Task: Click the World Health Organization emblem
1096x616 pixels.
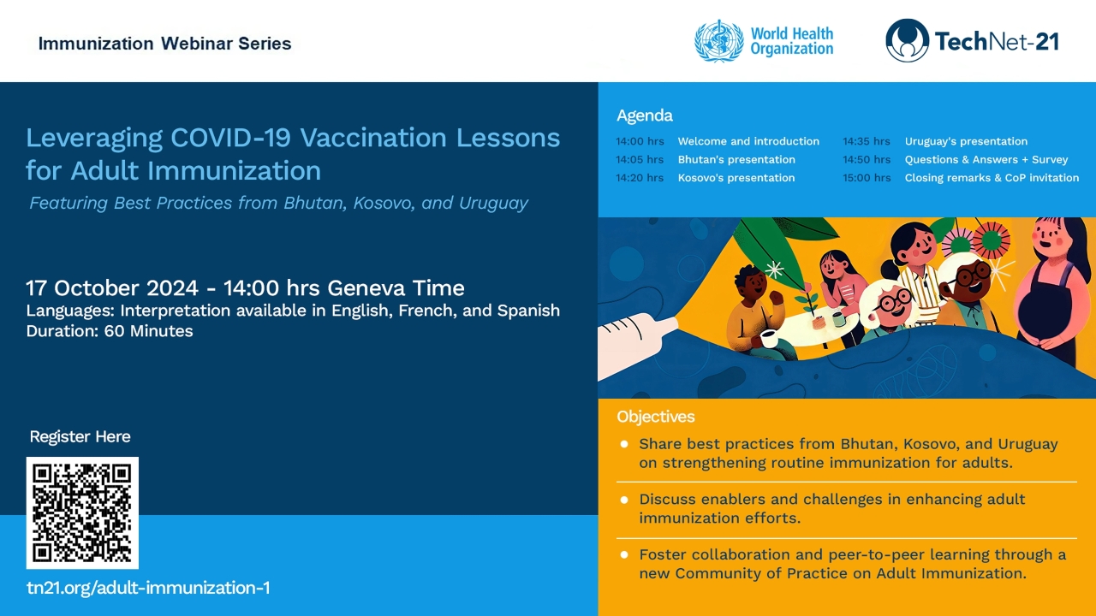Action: pos(718,41)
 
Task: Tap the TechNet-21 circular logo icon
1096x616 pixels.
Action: pos(907,41)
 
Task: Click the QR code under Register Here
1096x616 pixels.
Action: pos(82,512)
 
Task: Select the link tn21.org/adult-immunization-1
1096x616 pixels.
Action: pos(148,588)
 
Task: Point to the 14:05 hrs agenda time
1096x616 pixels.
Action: pos(640,160)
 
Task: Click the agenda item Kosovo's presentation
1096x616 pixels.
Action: pos(736,178)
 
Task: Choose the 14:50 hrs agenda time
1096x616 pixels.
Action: pos(867,160)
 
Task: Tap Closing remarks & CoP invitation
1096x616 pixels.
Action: pos(992,178)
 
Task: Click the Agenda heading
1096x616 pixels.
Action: pos(645,115)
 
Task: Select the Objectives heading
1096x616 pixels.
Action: pos(655,417)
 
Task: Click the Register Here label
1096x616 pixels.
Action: pos(80,436)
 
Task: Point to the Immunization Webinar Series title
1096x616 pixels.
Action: pos(164,44)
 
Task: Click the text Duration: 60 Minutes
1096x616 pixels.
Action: pos(110,331)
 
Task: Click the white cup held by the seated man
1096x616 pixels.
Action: pos(767,338)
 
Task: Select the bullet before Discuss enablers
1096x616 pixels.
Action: pos(624,500)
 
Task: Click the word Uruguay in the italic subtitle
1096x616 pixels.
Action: pos(493,204)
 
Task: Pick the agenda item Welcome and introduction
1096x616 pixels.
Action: pos(748,142)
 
